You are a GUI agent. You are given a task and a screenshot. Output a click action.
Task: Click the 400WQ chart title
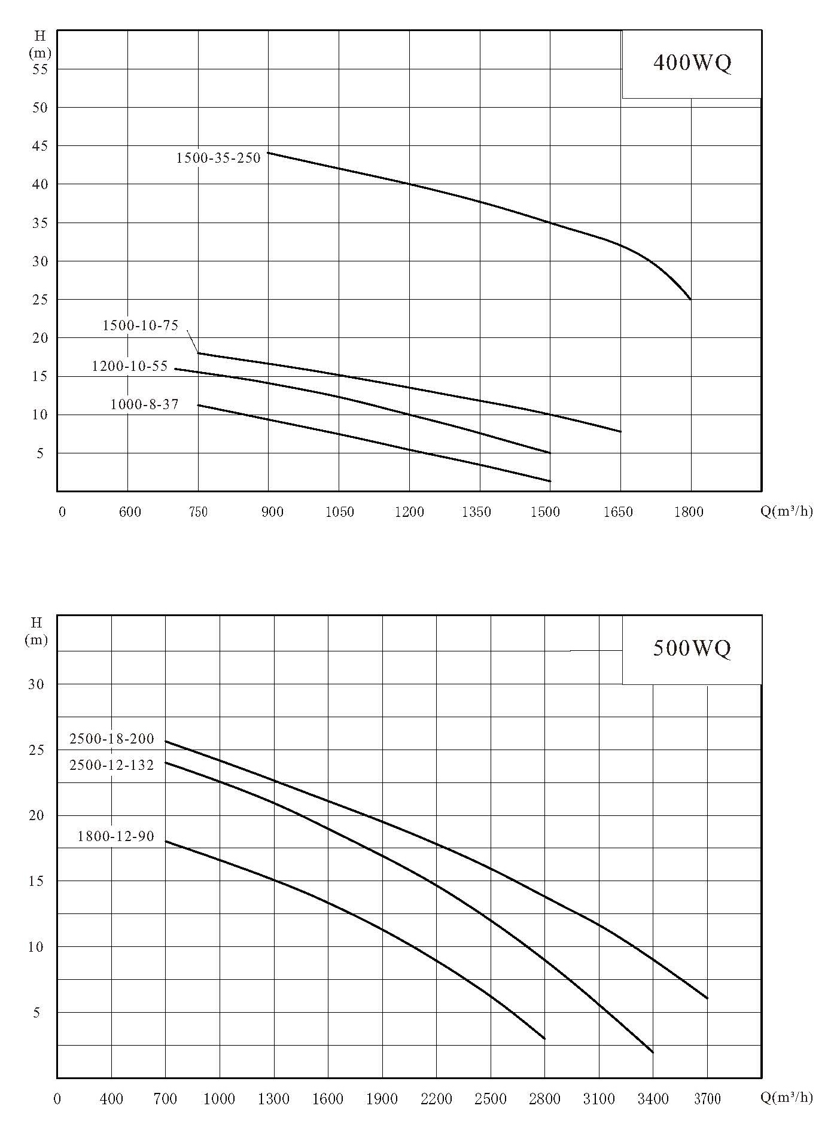[x=692, y=63]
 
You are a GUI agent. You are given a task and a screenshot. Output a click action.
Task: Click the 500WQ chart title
[x=692, y=648]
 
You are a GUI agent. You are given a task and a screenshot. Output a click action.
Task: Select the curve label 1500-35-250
[x=218, y=158]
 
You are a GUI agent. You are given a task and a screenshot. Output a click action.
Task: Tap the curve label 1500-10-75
[x=141, y=325]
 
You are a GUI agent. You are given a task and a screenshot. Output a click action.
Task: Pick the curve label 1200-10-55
[x=130, y=366]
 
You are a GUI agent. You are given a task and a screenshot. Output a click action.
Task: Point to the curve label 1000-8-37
[x=145, y=404]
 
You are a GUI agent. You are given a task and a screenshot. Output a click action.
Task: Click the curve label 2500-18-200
[x=112, y=739]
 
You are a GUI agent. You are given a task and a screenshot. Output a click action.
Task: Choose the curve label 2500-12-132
[x=112, y=765]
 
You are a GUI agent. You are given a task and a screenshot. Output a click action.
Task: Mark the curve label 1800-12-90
[x=116, y=836]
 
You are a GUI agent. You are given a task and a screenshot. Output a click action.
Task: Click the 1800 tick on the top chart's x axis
[x=689, y=512]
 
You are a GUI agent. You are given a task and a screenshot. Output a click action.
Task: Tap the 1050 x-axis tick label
[x=339, y=512]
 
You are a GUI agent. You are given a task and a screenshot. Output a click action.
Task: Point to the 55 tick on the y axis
[x=40, y=69]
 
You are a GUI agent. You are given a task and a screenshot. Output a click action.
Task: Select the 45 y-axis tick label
[x=40, y=146]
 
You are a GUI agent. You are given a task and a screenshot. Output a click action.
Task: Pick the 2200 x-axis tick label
[x=436, y=1098]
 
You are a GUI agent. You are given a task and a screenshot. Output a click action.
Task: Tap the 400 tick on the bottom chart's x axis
[x=112, y=1098]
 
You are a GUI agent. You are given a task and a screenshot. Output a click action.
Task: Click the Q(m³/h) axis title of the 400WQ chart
[x=787, y=511]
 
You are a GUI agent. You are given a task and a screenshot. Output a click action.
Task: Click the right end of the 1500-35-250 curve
[x=691, y=299]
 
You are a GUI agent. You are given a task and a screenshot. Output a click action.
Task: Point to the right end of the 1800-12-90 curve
[x=545, y=1039]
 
